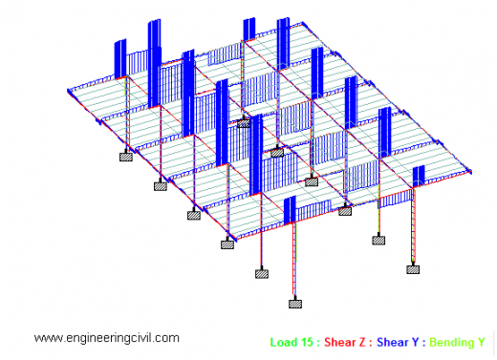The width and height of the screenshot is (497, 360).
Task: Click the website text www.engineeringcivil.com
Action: (106, 338)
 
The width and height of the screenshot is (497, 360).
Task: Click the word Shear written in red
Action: (338, 341)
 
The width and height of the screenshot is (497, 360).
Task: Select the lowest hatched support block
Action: (295, 304)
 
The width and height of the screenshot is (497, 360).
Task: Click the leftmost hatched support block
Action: (125, 157)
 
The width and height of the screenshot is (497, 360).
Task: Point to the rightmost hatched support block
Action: (413, 269)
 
